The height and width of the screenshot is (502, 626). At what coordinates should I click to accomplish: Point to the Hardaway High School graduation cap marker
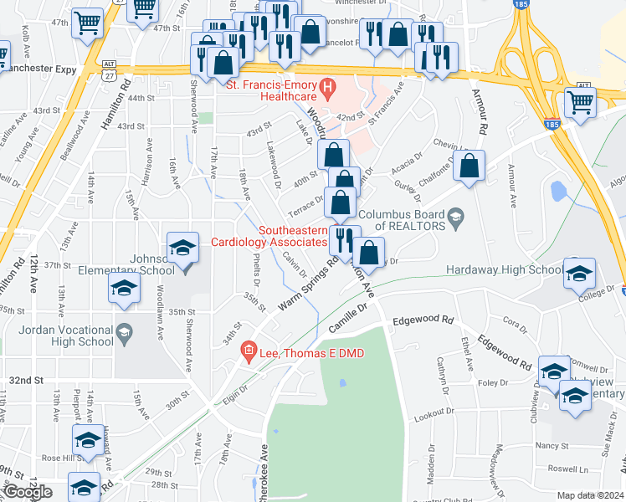pyautogui.click(x=578, y=274)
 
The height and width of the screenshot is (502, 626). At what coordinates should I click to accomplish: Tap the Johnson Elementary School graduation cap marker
pyautogui.click(x=182, y=248)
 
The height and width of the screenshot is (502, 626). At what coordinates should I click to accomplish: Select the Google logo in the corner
pyautogui.click(x=28, y=492)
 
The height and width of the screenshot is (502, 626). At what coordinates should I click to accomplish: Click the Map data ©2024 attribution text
pyautogui.click(x=590, y=495)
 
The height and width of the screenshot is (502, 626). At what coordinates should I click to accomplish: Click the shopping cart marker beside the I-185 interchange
pyautogui.click(x=579, y=102)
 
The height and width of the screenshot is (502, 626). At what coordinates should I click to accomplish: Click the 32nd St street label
pyautogui.click(x=26, y=380)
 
